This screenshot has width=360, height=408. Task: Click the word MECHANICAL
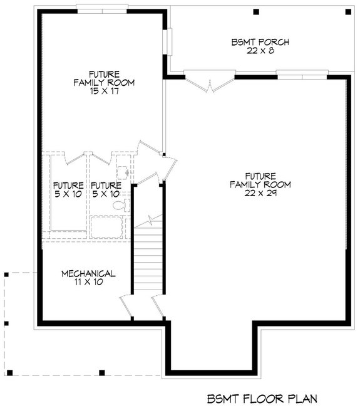pyautogui.click(x=88, y=274)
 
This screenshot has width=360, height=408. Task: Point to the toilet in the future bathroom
pyautogui.click(x=124, y=204)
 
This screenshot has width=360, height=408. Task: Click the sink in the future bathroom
pyautogui.click(x=124, y=170)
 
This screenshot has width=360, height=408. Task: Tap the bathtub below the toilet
pyautogui.click(x=110, y=225)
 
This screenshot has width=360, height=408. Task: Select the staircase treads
pyautogui.click(x=148, y=257)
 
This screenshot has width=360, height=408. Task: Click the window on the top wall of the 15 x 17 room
pyautogui.click(x=103, y=8)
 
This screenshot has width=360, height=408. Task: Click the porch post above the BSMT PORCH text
pyautogui.click(x=255, y=12)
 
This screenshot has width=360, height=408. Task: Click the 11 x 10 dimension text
pyautogui.click(x=88, y=283)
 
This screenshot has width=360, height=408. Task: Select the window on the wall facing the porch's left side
pyautogui.click(x=167, y=41)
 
